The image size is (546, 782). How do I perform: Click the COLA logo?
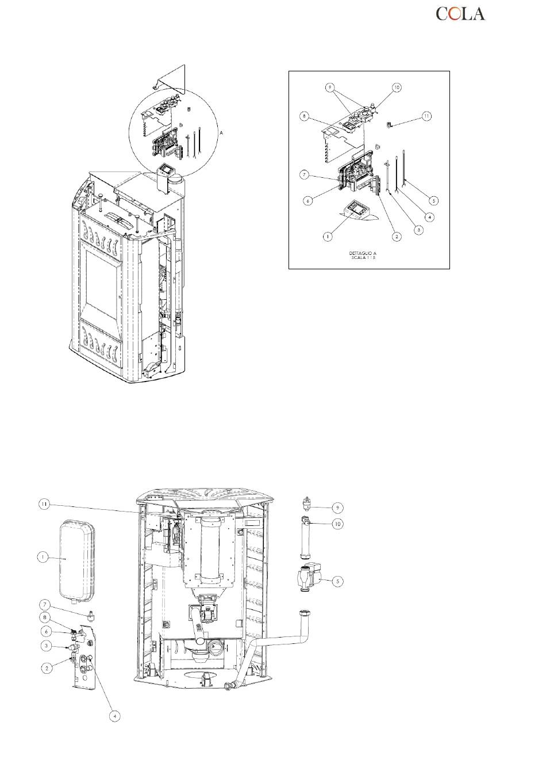click(460, 14)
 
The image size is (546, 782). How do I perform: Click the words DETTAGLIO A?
click(363, 253)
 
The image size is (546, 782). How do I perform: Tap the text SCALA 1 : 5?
click(363, 258)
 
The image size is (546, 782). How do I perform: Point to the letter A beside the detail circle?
click(221, 133)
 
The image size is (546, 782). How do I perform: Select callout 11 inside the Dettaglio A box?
click(426, 116)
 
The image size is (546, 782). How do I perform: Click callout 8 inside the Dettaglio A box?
click(305, 116)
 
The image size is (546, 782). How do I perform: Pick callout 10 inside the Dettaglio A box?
click(397, 87)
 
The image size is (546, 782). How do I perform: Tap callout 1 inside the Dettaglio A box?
click(328, 236)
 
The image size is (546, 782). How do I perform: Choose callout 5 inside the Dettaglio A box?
click(434, 201)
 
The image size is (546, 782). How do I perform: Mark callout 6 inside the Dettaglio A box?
click(307, 201)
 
